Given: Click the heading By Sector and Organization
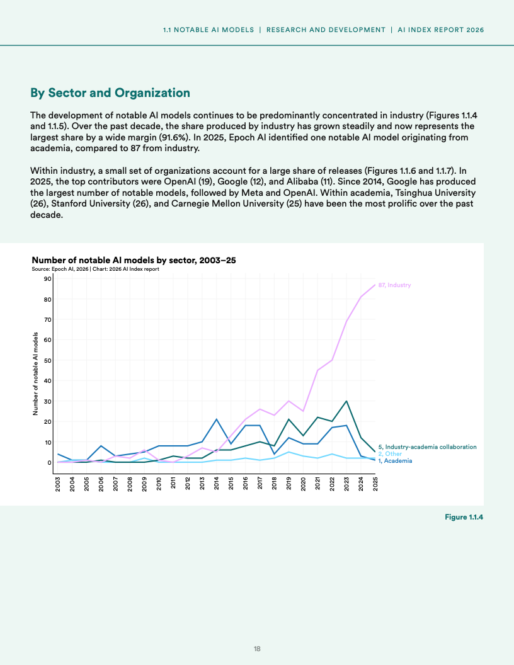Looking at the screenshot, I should [110, 93].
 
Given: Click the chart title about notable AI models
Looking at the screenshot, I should [134, 260].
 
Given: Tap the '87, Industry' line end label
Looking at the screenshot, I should [394, 285].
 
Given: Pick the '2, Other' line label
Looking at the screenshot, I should [390, 453].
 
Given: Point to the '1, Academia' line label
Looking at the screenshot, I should [395, 461].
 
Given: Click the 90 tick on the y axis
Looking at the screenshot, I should [47, 279].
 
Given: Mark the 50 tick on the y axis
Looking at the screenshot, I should [47, 360].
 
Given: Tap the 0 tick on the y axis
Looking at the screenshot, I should [49, 462].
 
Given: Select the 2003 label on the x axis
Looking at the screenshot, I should [58, 484].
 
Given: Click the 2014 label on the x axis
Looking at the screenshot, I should [217, 484].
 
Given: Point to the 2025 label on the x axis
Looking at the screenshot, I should [375, 484].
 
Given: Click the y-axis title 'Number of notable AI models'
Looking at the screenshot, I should [36, 374].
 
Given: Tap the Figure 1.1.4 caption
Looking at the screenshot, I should [464, 517].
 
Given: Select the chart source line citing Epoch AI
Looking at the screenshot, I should [95, 269].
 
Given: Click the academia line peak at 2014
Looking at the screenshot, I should [217, 419].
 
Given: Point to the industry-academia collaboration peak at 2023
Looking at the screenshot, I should [346, 401].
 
